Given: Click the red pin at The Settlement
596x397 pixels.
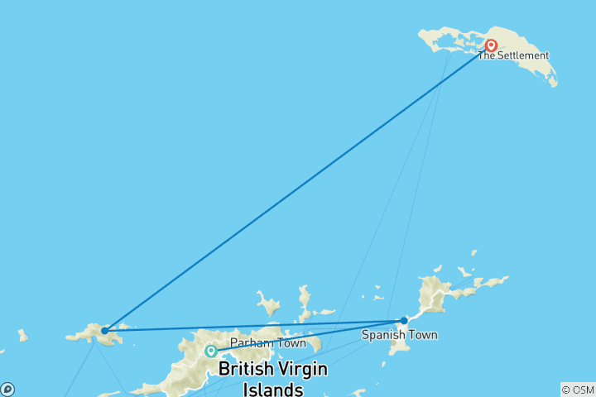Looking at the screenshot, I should [491, 46].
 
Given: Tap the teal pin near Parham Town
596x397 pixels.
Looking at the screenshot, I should [211, 352].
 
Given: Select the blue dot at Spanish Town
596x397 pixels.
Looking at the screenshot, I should [404, 320].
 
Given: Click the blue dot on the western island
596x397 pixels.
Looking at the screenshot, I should [104, 331].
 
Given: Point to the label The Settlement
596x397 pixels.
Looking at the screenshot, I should [512, 56].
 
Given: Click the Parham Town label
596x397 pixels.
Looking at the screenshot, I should [268, 342].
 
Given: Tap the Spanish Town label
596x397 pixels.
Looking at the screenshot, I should [399, 335].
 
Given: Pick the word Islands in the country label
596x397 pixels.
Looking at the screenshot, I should [272, 389].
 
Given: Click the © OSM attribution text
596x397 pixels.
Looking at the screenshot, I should [577, 390].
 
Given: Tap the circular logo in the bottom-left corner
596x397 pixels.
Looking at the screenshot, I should [7, 390].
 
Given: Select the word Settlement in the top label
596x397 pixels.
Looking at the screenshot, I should [522, 56].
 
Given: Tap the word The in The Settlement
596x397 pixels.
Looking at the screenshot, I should [486, 56].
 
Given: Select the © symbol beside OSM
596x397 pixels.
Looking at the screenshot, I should [566, 390].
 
